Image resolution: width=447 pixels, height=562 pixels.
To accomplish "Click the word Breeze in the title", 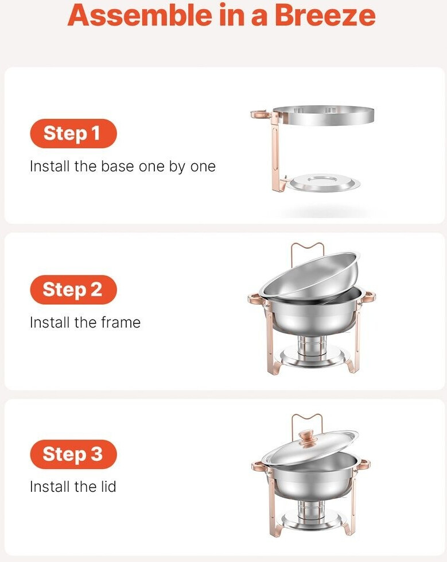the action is click(325, 16).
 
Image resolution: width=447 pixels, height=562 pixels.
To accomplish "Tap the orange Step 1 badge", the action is click(73, 133).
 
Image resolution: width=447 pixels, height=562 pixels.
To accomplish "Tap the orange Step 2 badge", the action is click(73, 290).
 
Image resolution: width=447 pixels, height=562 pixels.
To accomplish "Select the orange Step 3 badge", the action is click(73, 454).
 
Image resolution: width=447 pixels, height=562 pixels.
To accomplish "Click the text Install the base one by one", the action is click(123, 167).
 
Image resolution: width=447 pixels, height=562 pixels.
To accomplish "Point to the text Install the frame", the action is click(85, 322).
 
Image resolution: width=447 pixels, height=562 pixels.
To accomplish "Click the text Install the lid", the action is click(73, 487).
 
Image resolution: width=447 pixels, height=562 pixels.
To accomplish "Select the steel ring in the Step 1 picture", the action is click(323, 121).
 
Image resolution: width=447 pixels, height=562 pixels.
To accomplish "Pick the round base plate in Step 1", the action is click(325, 183).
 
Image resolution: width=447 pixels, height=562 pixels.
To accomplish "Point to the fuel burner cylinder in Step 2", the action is click(312, 347).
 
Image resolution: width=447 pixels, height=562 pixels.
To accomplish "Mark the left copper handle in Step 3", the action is click(258, 467).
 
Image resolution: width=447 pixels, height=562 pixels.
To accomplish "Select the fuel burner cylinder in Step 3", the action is click(310, 510).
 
